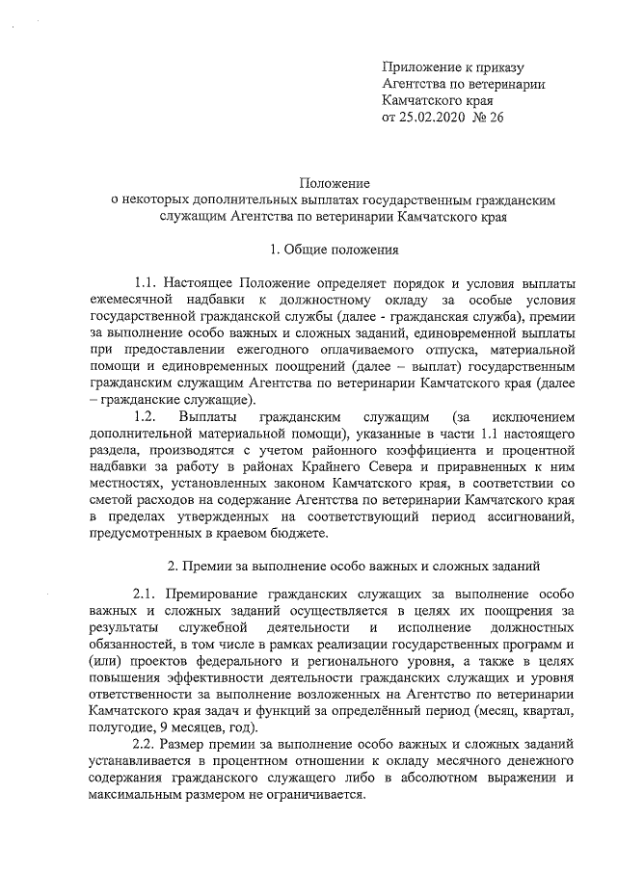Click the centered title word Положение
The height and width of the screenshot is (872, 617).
pos(334,183)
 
